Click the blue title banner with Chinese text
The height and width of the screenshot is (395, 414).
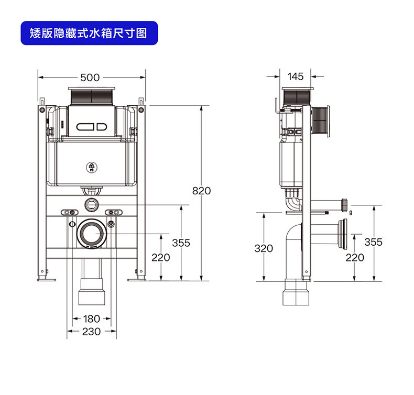pos(89,33)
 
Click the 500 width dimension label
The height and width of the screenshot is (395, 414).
pos(90,78)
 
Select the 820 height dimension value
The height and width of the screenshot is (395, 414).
pos(201,191)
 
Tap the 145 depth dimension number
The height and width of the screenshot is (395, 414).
pos(296,76)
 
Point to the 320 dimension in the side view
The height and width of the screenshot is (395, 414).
pos(264,248)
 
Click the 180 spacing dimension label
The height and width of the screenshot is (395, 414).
pos(91,319)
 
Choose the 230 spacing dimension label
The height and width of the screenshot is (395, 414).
pos(91,332)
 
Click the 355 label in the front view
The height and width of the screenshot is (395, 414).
pos(181,243)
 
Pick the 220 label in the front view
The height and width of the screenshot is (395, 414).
pos(160,257)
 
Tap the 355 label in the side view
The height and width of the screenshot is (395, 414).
pos(373,242)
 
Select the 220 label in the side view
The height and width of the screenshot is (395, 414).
pos(355,257)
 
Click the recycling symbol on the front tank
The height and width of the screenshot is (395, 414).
pos(92,167)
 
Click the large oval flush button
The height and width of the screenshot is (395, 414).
pos(85,127)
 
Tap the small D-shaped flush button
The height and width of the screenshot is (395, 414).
pos(102,127)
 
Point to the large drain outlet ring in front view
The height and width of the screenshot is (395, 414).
pos(92,234)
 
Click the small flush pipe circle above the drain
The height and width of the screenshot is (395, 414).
pos(92,204)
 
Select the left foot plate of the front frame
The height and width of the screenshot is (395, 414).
pos(47,280)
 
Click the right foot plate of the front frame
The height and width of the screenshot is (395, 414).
pos(137,280)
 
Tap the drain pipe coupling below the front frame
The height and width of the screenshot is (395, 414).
pos(92,292)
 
